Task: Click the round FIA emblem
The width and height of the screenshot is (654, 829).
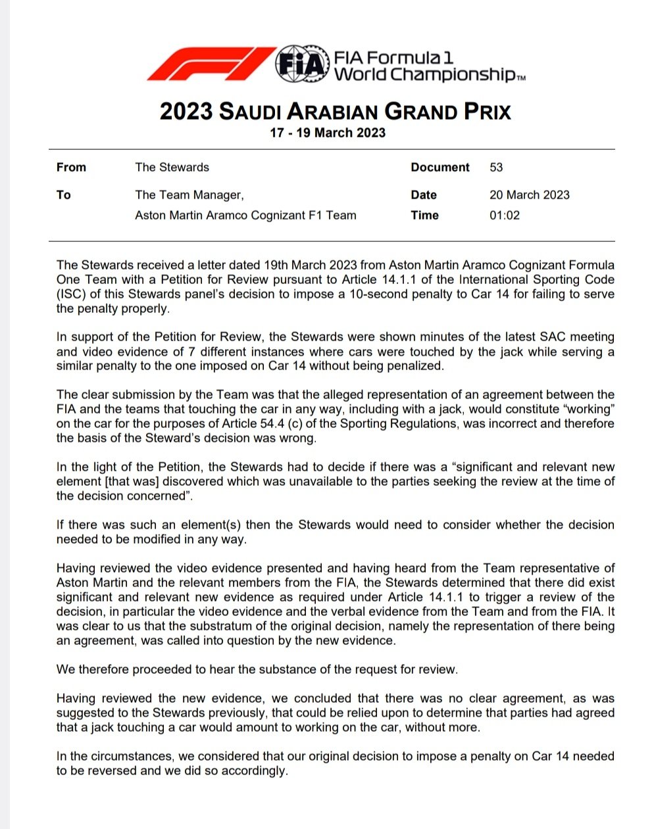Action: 301,64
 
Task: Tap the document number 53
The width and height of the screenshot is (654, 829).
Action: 496,168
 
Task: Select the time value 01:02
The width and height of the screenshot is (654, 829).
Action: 504,215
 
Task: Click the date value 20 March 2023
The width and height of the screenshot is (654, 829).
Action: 529,195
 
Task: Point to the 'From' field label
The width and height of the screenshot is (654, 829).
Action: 71,168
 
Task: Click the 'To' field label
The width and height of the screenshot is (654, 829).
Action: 64,195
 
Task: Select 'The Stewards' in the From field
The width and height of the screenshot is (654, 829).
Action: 172,168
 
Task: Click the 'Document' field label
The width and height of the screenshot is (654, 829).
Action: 440,168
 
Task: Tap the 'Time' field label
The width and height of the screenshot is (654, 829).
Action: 424,215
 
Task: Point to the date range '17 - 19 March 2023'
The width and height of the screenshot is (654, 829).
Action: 328,133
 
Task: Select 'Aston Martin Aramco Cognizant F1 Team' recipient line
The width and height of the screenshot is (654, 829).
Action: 245,215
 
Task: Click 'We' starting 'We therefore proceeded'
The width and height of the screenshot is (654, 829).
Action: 66,669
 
